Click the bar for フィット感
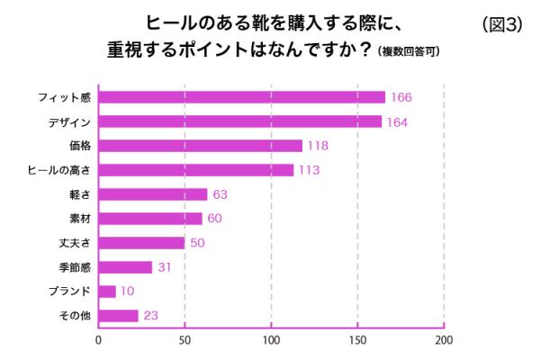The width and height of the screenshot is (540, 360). point(241,97)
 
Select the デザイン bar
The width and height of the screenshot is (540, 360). point(239,121)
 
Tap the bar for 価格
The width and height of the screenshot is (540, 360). point(200,146)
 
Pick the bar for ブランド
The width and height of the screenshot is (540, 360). point(107,291)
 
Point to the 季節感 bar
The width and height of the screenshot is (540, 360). point(125,266)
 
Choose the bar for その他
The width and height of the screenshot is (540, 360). point(118,315)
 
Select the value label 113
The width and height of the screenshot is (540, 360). point(309,170)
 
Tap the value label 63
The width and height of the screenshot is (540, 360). point(221,194)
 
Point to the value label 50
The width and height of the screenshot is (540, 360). point(197,243)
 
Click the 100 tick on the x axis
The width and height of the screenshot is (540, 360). point(271,340)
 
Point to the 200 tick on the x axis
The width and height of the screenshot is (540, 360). point(444,340)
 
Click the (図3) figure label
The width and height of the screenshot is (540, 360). point(502,24)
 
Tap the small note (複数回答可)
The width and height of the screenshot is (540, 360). point(409,52)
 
